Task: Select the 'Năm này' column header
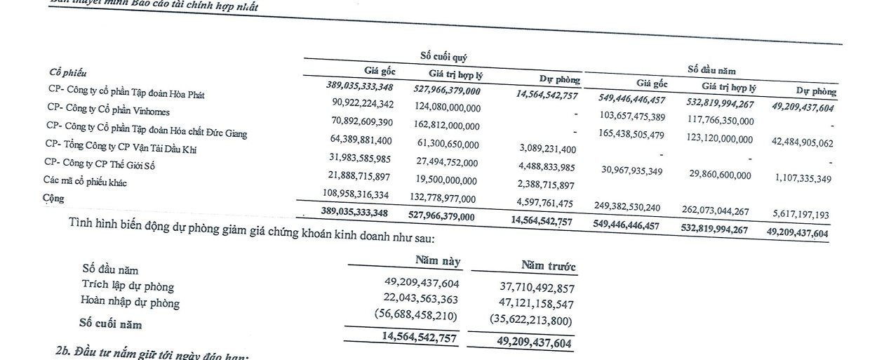[x=438, y=261]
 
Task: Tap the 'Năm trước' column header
[x=548, y=266]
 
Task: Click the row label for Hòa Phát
[x=126, y=93]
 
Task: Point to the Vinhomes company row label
[x=108, y=109]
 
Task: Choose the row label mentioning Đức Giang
[x=146, y=128]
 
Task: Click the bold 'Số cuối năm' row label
[x=112, y=324]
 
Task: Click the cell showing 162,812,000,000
[x=439, y=126]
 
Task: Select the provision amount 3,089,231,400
[x=539, y=149]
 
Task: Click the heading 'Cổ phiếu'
[x=67, y=73]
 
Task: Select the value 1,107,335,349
[x=795, y=179]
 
